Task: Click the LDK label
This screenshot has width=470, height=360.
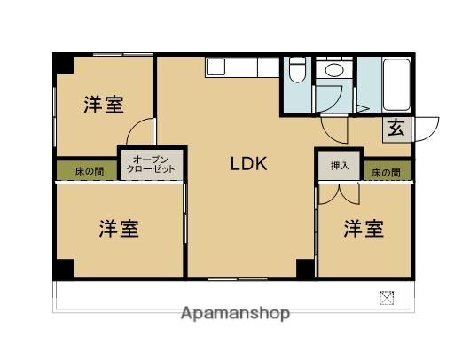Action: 248,164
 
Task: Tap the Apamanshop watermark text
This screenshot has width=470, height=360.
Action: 235,314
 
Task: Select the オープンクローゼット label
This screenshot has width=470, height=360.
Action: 151,164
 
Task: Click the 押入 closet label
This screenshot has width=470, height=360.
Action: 340,166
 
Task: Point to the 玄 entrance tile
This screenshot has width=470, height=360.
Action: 396,129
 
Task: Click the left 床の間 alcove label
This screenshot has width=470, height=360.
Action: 90,172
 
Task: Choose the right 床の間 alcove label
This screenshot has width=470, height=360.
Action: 386,173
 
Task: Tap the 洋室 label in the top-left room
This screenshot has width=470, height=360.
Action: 104,105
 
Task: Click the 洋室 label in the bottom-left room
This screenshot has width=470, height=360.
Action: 119,229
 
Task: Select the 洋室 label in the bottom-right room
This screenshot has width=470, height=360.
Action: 364,229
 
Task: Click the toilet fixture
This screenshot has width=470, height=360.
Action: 297,70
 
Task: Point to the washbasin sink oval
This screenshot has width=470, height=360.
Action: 334,70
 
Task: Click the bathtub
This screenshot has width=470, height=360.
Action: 396,85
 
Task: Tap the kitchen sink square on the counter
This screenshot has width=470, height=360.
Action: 215,67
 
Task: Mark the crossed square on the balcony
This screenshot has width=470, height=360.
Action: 387,298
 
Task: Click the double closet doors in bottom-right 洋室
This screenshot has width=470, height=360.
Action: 339,195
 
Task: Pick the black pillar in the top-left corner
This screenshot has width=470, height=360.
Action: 64,64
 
